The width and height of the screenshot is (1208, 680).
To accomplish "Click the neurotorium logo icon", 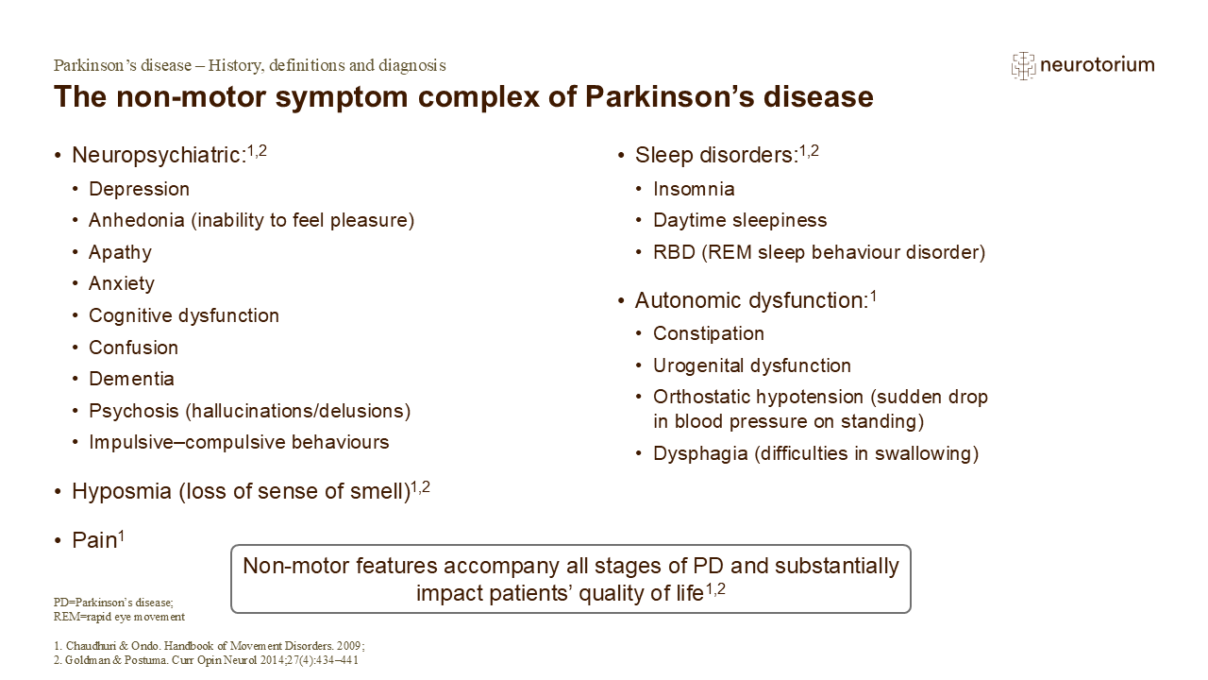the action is tap(1023, 66).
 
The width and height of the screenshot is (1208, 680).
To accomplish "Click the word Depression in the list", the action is tap(139, 190).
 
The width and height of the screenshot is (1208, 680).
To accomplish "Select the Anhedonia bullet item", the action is tap(251, 221).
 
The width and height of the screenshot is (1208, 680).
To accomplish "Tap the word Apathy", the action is tap(120, 252).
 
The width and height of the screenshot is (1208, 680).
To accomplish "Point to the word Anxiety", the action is tap(122, 284).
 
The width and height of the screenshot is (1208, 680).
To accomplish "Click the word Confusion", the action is tap(134, 348).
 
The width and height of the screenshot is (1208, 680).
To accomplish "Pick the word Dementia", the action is tap(131, 379).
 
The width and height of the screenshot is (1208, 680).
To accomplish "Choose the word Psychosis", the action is tap(134, 411).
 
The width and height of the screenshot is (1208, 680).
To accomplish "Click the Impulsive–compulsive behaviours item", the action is tap(239, 443).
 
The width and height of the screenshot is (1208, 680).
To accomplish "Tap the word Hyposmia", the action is tap(122, 492).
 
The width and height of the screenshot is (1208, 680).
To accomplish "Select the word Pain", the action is tap(95, 540).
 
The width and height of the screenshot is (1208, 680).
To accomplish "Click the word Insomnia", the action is tap(694, 190).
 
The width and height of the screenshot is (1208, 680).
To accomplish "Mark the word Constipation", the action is tap(709, 334).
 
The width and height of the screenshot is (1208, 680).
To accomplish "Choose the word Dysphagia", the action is tap(700, 454).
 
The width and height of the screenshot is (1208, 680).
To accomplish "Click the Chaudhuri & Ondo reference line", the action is tap(210, 646).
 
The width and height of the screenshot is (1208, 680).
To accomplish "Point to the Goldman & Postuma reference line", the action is tap(206, 660).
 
